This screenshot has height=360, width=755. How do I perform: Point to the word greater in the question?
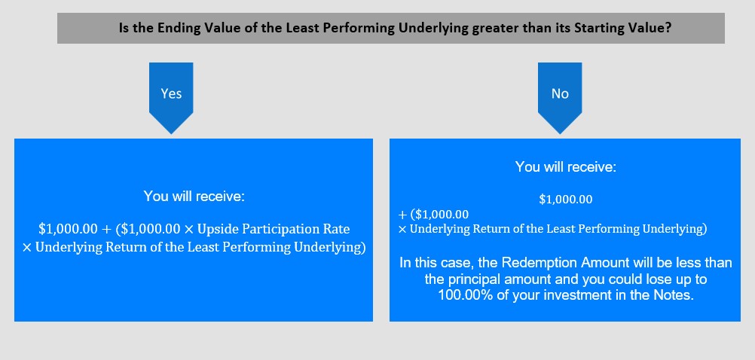(494, 29)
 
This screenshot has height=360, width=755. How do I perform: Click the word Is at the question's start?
(124, 28)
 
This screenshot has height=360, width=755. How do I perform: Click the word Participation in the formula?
(281, 229)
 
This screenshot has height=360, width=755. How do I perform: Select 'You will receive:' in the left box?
(194, 197)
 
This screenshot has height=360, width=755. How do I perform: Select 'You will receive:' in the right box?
(565, 167)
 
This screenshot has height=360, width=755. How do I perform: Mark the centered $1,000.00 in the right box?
(565, 200)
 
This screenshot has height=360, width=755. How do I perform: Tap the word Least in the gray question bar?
(303, 28)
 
